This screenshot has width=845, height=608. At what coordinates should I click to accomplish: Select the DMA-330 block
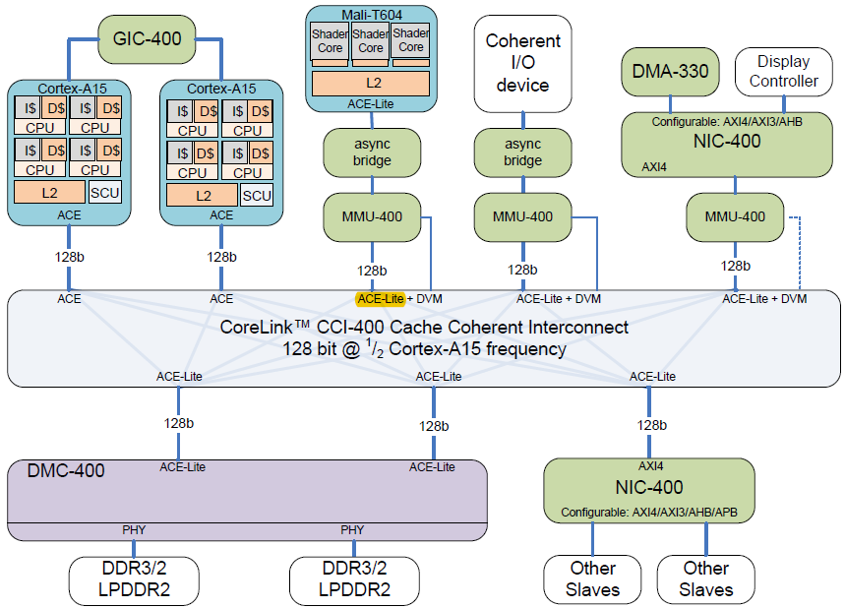671,71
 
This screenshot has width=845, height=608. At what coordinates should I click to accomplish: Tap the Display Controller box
783,71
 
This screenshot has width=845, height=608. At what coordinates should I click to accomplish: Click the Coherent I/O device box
522,63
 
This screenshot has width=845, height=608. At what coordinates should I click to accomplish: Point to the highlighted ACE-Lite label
381,298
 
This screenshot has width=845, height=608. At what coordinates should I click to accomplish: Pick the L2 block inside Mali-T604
371,84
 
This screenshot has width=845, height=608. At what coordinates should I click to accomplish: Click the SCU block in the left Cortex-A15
104,192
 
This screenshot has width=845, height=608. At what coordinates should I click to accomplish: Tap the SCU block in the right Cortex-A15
256,196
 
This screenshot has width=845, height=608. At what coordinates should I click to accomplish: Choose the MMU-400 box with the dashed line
734,216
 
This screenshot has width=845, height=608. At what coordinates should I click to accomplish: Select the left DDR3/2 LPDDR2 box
133,579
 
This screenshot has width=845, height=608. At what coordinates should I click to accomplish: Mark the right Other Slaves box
705,579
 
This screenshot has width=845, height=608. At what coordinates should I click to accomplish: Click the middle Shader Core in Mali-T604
371,41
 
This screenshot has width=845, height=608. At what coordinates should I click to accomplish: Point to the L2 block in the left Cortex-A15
49,192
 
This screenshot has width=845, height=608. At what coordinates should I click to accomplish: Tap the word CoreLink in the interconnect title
261,327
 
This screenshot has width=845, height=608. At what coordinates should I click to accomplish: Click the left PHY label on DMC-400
134,530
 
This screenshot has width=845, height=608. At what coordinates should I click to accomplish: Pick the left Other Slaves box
593,579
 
